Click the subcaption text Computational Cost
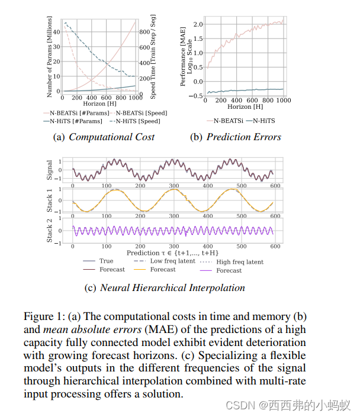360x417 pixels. pos(111,137)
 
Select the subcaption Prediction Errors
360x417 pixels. pos(243,137)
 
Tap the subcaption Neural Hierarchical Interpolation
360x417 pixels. pos(172,288)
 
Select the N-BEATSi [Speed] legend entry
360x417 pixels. pos(141,112)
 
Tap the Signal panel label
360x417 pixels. pos(50,170)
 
